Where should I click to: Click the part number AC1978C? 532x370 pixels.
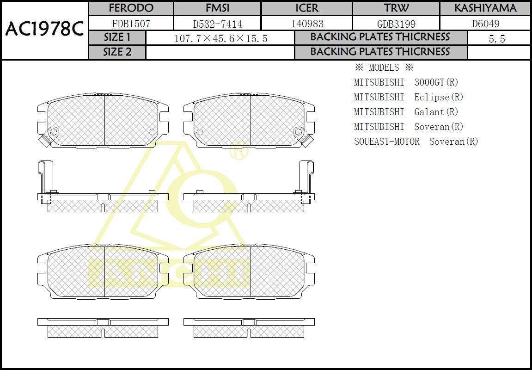[x=44, y=30]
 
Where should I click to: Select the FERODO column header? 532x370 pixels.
[x=131, y=8]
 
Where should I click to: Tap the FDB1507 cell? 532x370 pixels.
[x=131, y=24]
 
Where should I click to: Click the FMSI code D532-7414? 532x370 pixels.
[x=218, y=24]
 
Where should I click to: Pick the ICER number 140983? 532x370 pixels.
[x=307, y=24]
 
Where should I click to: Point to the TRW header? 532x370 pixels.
[x=396, y=8]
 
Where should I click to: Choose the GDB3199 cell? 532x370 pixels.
[x=396, y=24]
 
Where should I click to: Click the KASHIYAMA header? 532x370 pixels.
[x=485, y=8]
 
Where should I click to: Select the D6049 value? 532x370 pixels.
[x=486, y=24]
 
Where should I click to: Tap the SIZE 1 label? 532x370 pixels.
[x=117, y=37]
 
